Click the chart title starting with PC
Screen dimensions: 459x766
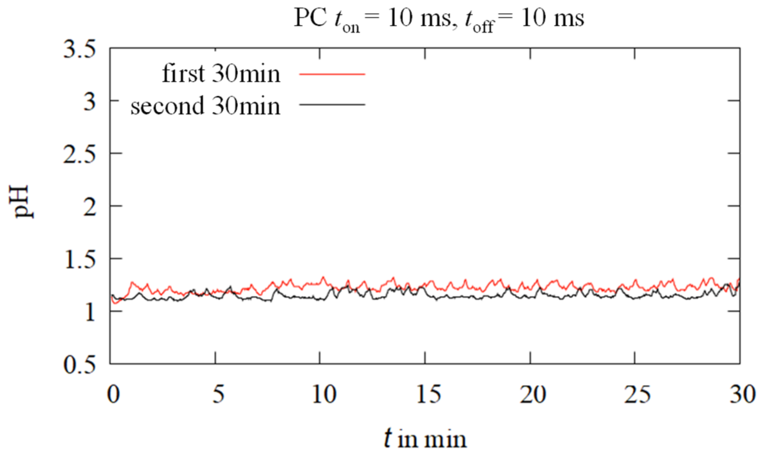439,19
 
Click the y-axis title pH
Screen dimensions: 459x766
21,202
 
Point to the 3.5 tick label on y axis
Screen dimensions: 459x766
79,50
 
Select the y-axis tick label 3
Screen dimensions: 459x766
90,102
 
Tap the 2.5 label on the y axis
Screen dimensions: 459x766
79,155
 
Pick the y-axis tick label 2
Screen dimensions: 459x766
90,207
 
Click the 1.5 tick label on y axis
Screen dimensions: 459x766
79,259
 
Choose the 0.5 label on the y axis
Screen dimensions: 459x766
79,365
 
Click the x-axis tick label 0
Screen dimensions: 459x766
113,394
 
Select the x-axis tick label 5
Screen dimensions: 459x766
218,394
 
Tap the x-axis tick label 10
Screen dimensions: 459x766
323,394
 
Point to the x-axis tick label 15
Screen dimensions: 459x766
428,394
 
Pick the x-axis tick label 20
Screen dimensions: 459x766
533,394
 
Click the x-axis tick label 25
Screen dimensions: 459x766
638,394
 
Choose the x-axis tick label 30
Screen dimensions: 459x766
742,394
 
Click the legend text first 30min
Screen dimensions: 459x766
221,74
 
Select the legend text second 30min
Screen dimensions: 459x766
205,106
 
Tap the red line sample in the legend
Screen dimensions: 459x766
332,74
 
